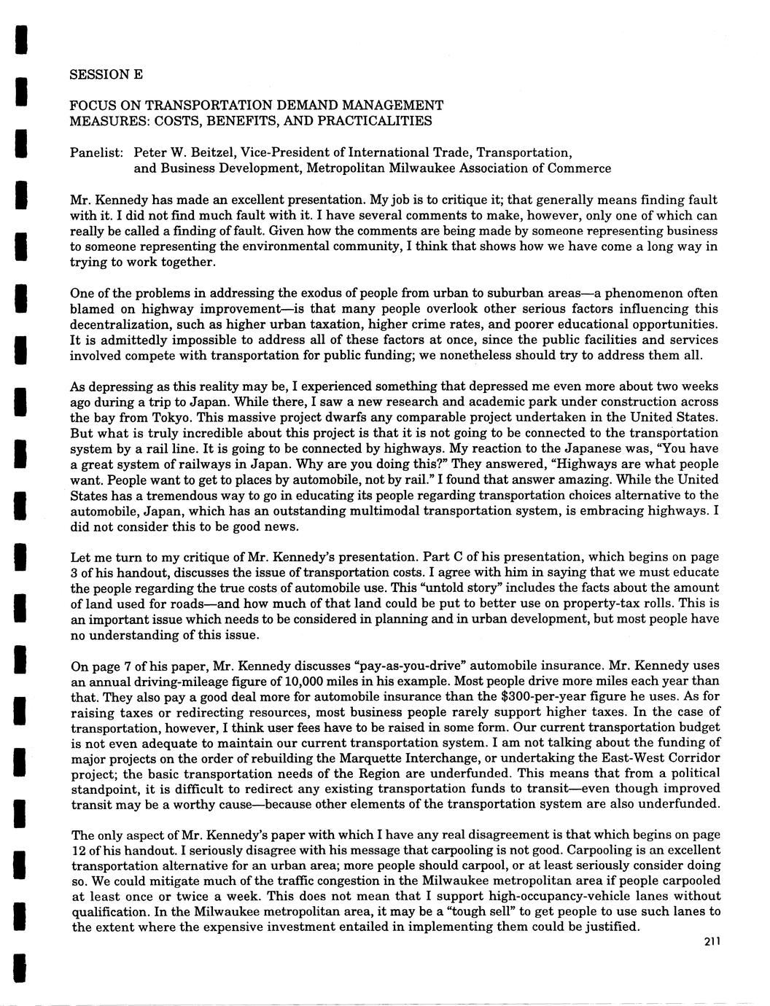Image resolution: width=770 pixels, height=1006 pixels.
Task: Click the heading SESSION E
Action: click(106, 75)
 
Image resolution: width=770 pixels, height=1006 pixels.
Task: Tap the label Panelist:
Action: click(98, 152)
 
